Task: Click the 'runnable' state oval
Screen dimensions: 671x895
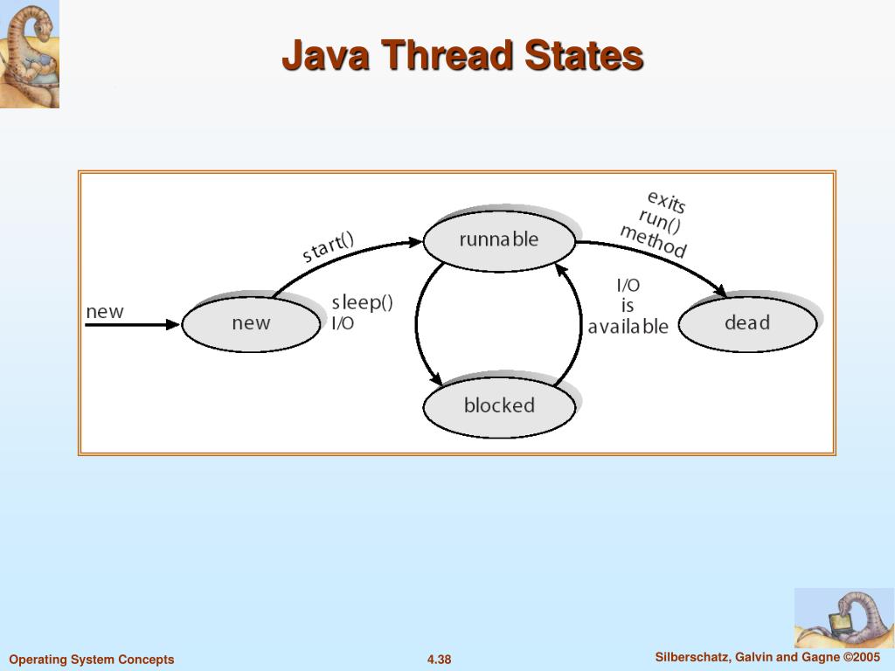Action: (x=499, y=240)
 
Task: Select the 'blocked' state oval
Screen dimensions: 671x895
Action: (x=499, y=406)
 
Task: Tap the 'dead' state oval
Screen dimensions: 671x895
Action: (x=747, y=323)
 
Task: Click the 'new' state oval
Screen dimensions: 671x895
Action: (x=251, y=323)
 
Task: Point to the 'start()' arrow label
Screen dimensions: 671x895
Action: (x=329, y=247)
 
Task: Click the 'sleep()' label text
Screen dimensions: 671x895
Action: (x=362, y=303)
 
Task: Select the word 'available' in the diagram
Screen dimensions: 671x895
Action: (x=628, y=328)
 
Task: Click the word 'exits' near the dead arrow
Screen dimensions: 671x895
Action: (x=667, y=202)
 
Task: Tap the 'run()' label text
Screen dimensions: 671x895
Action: (x=660, y=221)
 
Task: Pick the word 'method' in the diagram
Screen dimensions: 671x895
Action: (x=653, y=241)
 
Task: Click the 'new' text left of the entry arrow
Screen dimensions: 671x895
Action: (x=105, y=312)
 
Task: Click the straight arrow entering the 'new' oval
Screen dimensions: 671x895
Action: (x=131, y=324)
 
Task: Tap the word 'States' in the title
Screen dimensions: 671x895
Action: (x=583, y=56)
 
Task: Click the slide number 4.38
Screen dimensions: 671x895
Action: (x=439, y=660)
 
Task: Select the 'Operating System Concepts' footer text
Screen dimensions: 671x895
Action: (x=92, y=660)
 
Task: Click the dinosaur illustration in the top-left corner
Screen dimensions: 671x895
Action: (x=30, y=54)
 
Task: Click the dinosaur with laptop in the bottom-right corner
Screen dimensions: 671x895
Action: (x=843, y=618)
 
